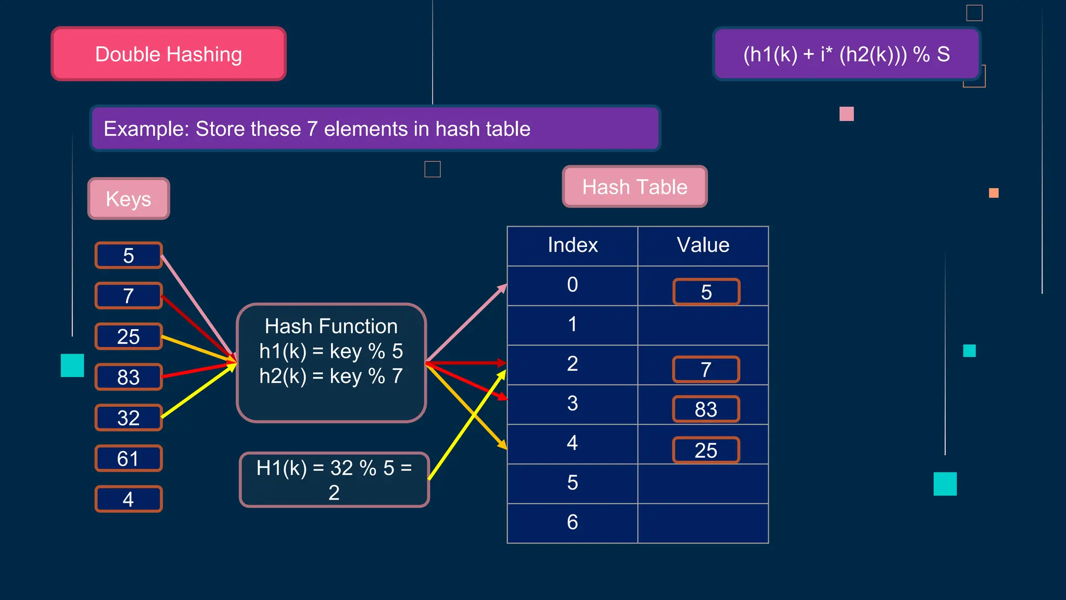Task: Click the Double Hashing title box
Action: pos(169,54)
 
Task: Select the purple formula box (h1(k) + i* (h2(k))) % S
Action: pos(846,54)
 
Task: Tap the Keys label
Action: pos(129,199)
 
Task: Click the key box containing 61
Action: pos(129,458)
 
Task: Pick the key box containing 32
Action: pos(129,418)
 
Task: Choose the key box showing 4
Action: pos(129,499)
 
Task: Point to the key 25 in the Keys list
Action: pos(129,336)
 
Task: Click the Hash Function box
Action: pos(331,362)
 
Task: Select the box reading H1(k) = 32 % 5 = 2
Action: pos(334,480)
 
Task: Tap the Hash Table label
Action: pos(634,187)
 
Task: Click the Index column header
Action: pos(573,245)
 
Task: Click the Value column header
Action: pos(703,245)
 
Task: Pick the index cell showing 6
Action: pos(573,522)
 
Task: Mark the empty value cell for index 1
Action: pos(703,325)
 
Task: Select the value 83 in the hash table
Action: pos(706,409)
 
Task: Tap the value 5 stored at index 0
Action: pos(706,292)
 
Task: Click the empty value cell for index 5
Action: pos(703,483)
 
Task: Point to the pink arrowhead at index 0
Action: pos(503,288)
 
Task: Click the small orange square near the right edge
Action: pos(994,193)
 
